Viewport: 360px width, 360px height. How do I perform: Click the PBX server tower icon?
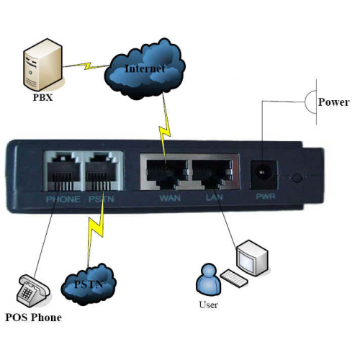(42, 64)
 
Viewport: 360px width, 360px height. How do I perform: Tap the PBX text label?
(42, 97)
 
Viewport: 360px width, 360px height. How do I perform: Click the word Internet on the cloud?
(145, 68)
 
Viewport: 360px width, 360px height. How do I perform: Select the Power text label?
(333, 102)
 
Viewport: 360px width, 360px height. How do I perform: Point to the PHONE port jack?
(63, 171)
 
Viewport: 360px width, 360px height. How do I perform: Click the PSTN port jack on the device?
(103, 171)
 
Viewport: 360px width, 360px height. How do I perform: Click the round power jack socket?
(263, 171)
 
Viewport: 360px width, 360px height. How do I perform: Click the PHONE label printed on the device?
(63, 199)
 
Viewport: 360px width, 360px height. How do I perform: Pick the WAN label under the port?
(170, 198)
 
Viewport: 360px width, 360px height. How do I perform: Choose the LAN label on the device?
(215, 197)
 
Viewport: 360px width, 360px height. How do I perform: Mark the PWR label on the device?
(266, 197)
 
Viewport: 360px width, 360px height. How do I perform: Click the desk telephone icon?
(33, 290)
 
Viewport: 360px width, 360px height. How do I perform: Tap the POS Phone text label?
(33, 318)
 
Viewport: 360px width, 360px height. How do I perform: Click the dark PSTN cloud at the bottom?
(89, 284)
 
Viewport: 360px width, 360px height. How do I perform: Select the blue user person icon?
(209, 279)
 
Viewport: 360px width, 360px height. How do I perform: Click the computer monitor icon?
(252, 258)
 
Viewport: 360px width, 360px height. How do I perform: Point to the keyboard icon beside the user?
(234, 278)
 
